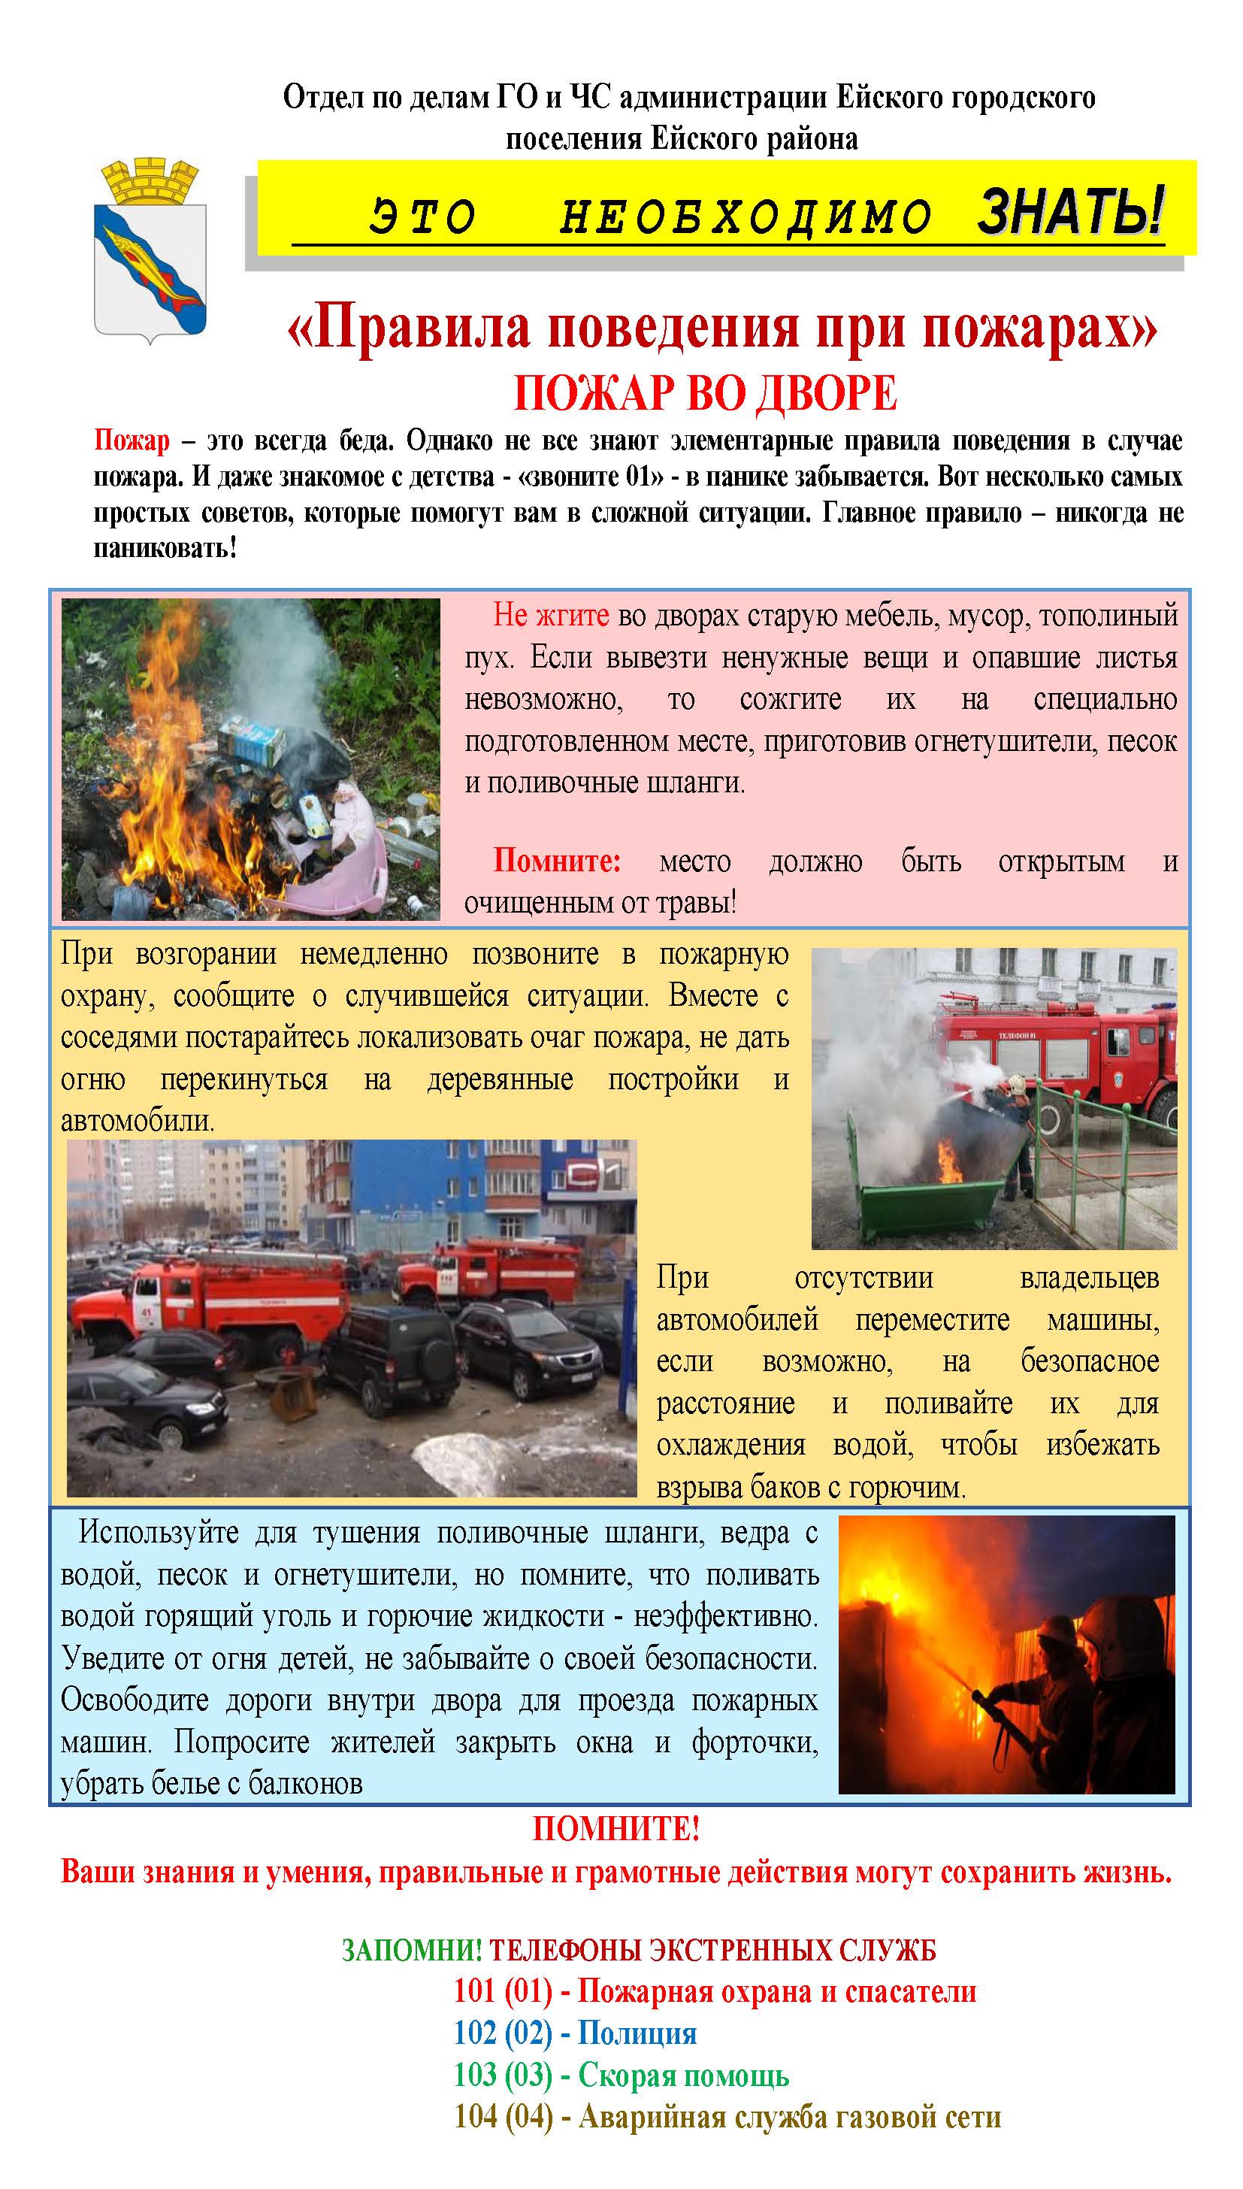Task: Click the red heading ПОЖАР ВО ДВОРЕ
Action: click(705, 394)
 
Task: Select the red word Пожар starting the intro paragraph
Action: click(132, 441)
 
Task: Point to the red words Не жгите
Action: click(551, 615)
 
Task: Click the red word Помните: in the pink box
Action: click(557, 861)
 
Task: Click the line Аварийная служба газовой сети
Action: click(789, 2116)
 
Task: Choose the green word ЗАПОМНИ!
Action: click(412, 1950)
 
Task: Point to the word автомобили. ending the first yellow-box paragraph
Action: click(138, 1120)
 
